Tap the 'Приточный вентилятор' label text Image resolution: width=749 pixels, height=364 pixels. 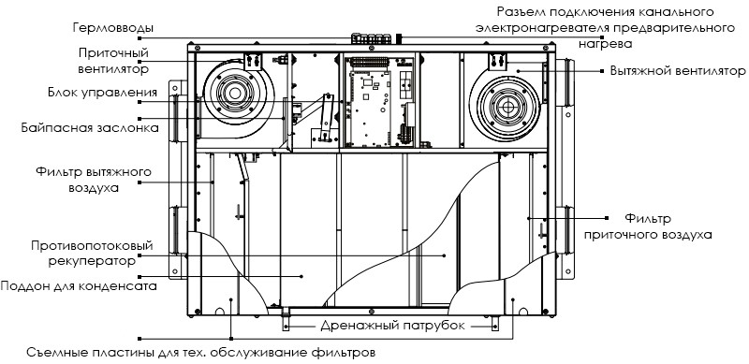(x=113, y=60)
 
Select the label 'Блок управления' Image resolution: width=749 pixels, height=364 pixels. (x=103, y=92)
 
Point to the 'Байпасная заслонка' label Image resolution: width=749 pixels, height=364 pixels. (x=90, y=128)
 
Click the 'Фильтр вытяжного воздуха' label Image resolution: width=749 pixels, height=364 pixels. (x=94, y=179)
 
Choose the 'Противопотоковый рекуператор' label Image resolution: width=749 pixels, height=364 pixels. (x=92, y=254)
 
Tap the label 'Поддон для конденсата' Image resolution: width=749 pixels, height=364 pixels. (x=79, y=286)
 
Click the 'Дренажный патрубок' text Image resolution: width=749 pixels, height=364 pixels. (x=392, y=326)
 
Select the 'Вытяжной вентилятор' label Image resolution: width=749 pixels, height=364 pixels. (x=678, y=71)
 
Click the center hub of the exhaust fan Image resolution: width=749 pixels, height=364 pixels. (x=505, y=108)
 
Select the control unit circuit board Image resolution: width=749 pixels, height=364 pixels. (x=371, y=109)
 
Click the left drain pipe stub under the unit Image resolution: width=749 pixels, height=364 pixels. (x=286, y=320)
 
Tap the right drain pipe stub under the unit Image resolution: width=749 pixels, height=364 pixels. (x=495, y=323)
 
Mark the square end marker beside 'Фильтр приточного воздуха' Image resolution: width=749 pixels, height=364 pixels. (x=606, y=218)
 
